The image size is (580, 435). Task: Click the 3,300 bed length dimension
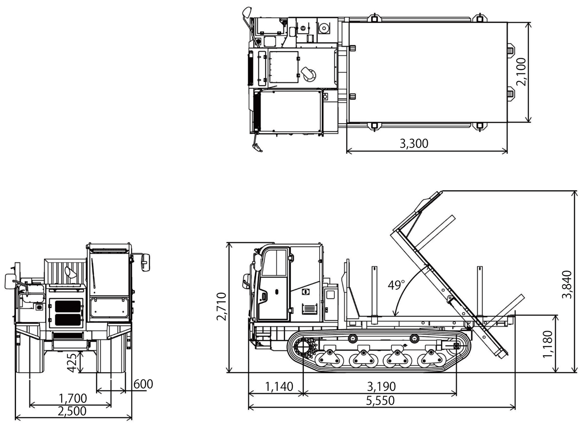[414, 143]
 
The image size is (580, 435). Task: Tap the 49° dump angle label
[396, 285]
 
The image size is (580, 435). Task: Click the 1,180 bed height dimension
[547, 344]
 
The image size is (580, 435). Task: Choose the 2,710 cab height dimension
[222, 306]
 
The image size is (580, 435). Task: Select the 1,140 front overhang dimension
[279, 387]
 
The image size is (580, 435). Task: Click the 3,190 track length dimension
[381, 387]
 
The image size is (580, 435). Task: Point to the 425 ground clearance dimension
[72, 362]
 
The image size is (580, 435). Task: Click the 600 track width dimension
[143, 384]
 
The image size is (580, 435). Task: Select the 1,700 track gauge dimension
[72, 398]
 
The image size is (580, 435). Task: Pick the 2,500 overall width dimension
[72, 411]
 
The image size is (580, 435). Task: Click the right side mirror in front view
[145, 262]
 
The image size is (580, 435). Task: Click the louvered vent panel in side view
[309, 309]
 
